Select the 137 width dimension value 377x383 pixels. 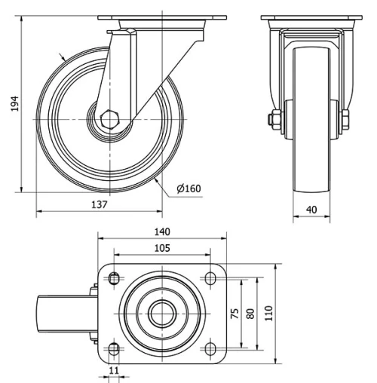100,205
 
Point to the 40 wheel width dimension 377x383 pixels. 311,210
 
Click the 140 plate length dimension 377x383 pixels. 162,231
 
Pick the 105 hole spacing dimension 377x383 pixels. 161,247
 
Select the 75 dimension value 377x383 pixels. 234,313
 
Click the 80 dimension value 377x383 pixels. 251,313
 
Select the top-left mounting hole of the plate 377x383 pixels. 114,277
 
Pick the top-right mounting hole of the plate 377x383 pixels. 210,277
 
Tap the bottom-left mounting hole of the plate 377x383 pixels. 114,348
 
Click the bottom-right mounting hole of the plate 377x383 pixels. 210,348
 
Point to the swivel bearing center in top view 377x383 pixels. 161,312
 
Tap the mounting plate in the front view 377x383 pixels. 309,19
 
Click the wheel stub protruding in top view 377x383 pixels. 66,312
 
